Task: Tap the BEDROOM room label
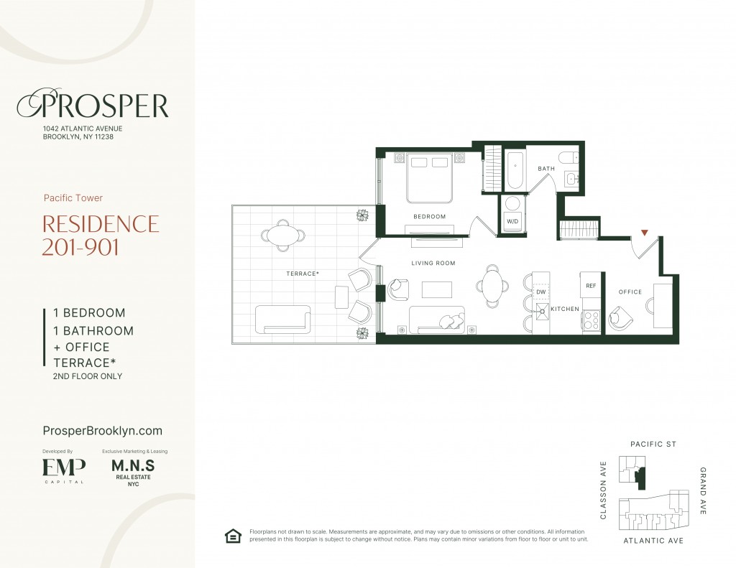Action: tap(430, 217)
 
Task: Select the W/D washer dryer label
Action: tap(512, 221)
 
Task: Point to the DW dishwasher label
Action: tap(540, 292)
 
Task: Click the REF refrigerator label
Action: tap(591, 286)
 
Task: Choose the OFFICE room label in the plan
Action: tap(630, 292)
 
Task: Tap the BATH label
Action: tap(546, 168)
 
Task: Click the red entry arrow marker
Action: tap(645, 232)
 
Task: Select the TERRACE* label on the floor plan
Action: tap(303, 274)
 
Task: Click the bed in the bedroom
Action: tap(430, 178)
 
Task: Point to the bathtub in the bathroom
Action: tap(515, 170)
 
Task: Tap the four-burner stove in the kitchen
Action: tap(591, 321)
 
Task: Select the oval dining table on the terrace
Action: tap(282, 235)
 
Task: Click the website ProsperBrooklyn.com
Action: tap(102, 431)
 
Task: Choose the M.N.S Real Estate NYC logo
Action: tap(133, 472)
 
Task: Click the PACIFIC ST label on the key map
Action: tap(653, 444)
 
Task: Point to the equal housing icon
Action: tap(233, 536)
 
